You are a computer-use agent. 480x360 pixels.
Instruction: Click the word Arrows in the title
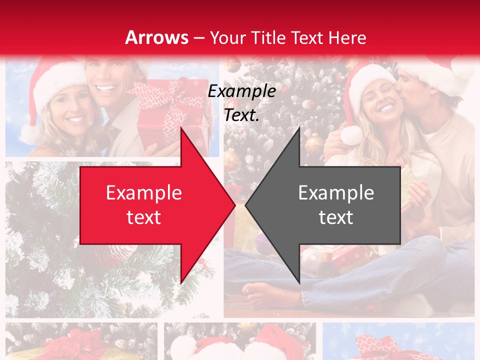click(x=156, y=37)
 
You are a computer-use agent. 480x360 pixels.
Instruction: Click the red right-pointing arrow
click(x=150, y=205)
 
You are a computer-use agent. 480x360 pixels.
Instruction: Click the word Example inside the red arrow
click(x=144, y=193)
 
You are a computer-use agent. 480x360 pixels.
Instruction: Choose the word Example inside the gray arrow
click(x=336, y=193)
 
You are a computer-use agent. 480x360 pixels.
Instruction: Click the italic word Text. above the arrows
click(x=241, y=115)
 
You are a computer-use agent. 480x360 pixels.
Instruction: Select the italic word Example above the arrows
click(x=241, y=91)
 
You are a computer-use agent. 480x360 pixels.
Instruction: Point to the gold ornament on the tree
click(x=314, y=143)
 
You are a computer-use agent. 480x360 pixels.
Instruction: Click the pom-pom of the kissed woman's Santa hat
click(x=351, y=135)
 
